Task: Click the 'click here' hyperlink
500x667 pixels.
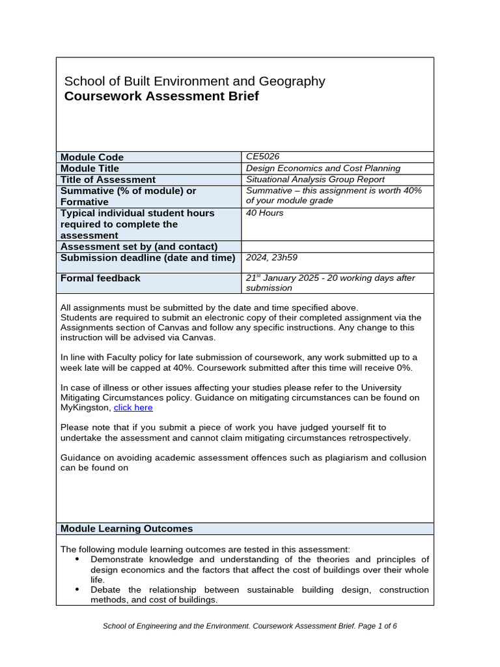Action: [133, 408]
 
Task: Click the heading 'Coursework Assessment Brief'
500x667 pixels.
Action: [161, 96]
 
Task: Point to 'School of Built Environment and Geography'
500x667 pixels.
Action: [195, 81]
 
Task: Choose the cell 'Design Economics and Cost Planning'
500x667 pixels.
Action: [323, 168]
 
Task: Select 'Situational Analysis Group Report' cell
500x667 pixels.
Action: [315, 179]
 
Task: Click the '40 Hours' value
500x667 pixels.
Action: [265, 213]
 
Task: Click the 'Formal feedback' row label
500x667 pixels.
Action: [100, 278]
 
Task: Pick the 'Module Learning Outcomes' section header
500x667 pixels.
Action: [126, 528]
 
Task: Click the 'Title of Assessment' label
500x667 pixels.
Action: [108, 179]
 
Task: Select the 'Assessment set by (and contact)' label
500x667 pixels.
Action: [139, 246]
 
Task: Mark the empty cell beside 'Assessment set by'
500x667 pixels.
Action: [337, 246]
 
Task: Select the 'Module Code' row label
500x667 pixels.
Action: [92, 157]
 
